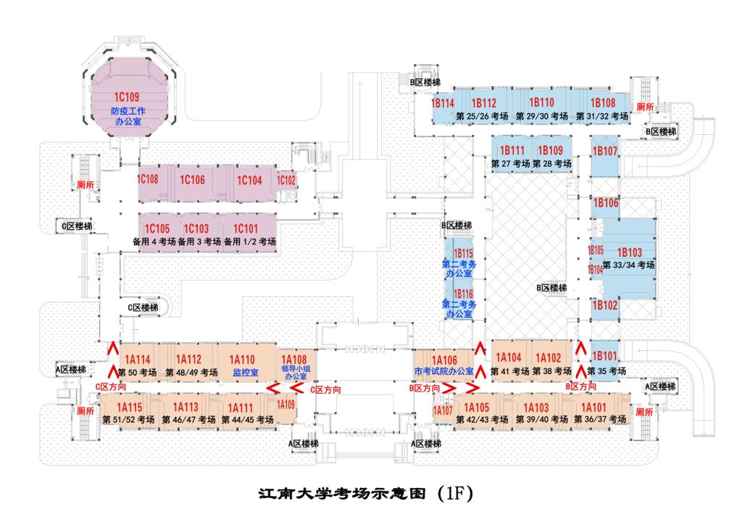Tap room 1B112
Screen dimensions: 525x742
click(x=483, y=103)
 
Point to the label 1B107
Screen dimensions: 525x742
click(x=605, y=152)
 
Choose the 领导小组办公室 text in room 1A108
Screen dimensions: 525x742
click(x=294, y=373)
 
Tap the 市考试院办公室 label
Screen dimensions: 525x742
click(x=444, y=372)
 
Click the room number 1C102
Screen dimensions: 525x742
click(x=287, y=181)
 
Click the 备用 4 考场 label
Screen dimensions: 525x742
click(x=154, y=241)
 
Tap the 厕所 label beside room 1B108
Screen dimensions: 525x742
click(x=645, y=107)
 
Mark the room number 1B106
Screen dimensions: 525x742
click(x=606, y=204)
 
